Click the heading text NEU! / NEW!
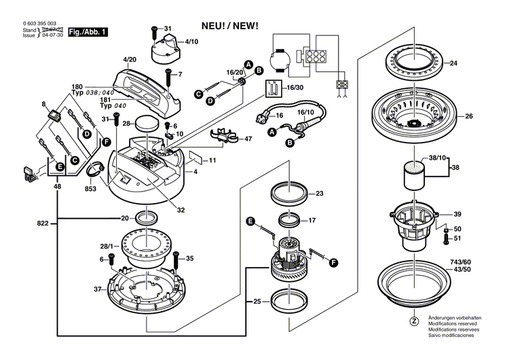[x=229, y=26]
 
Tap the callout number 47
[x=248, y=139]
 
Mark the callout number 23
[x=320, y=193]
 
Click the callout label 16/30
[x=295, y=88]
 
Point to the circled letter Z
[x=413, y=321]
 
